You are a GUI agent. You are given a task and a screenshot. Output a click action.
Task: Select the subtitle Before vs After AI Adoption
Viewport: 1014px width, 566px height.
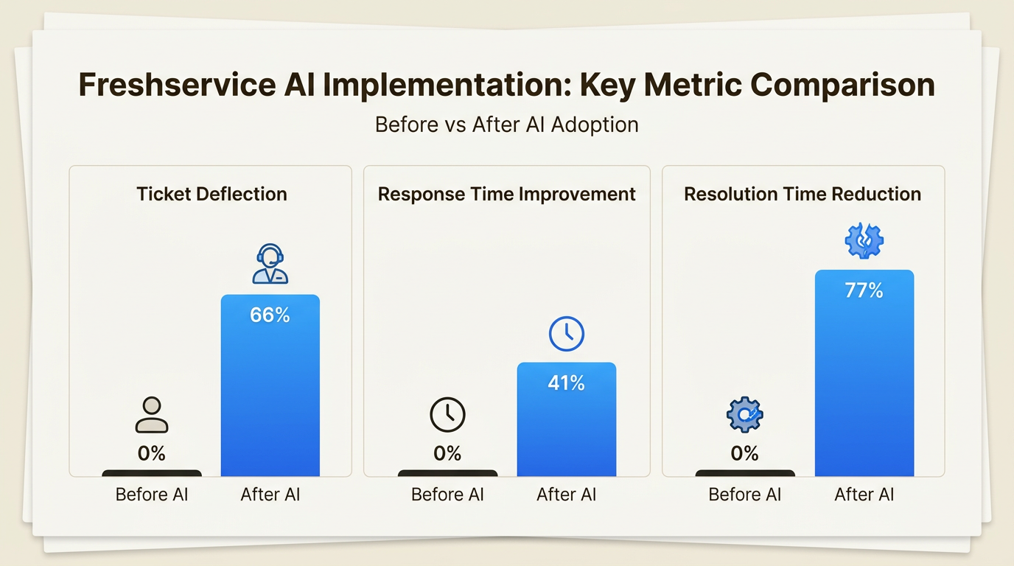coord(506,124)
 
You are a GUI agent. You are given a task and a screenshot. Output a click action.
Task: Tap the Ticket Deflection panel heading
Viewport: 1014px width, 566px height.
coord(211,194)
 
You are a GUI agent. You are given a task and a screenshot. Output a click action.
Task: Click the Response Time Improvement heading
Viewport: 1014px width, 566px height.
coord(506,194)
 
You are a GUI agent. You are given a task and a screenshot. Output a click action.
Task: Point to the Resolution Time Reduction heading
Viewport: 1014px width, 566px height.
coord(803,194)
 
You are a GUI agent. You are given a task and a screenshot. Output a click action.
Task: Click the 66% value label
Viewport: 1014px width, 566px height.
coord(270,315)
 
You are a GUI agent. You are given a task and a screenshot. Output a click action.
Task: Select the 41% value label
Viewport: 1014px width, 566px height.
coord(566,382)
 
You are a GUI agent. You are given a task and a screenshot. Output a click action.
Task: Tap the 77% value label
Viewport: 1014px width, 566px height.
coord(864,290)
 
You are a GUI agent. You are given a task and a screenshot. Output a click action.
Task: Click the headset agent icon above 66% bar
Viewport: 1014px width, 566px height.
coord(270,265)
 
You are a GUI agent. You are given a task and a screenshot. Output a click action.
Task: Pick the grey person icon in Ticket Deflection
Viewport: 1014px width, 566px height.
coord(152,415)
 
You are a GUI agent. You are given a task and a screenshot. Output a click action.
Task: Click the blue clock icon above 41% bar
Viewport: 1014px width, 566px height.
coord(566,335)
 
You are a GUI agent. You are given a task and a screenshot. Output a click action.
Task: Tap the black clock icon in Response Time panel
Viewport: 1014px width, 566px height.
coord(447,415)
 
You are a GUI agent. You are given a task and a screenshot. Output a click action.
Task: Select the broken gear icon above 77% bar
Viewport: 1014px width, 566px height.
coord(864,240)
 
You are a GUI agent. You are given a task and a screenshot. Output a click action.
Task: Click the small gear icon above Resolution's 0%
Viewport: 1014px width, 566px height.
coord(744,415)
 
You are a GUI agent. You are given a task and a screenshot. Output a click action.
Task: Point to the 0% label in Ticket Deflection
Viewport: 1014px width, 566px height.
coord(152,453)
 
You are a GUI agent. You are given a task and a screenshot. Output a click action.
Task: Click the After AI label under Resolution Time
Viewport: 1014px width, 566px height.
coord(864,495)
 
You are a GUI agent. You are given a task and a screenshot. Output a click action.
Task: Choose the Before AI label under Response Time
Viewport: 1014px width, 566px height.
coord(447,495)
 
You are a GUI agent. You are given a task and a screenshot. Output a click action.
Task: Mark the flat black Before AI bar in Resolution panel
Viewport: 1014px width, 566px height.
coord(744,473)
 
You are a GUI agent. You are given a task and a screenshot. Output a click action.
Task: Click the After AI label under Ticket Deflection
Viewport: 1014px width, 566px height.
coord(270,495)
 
